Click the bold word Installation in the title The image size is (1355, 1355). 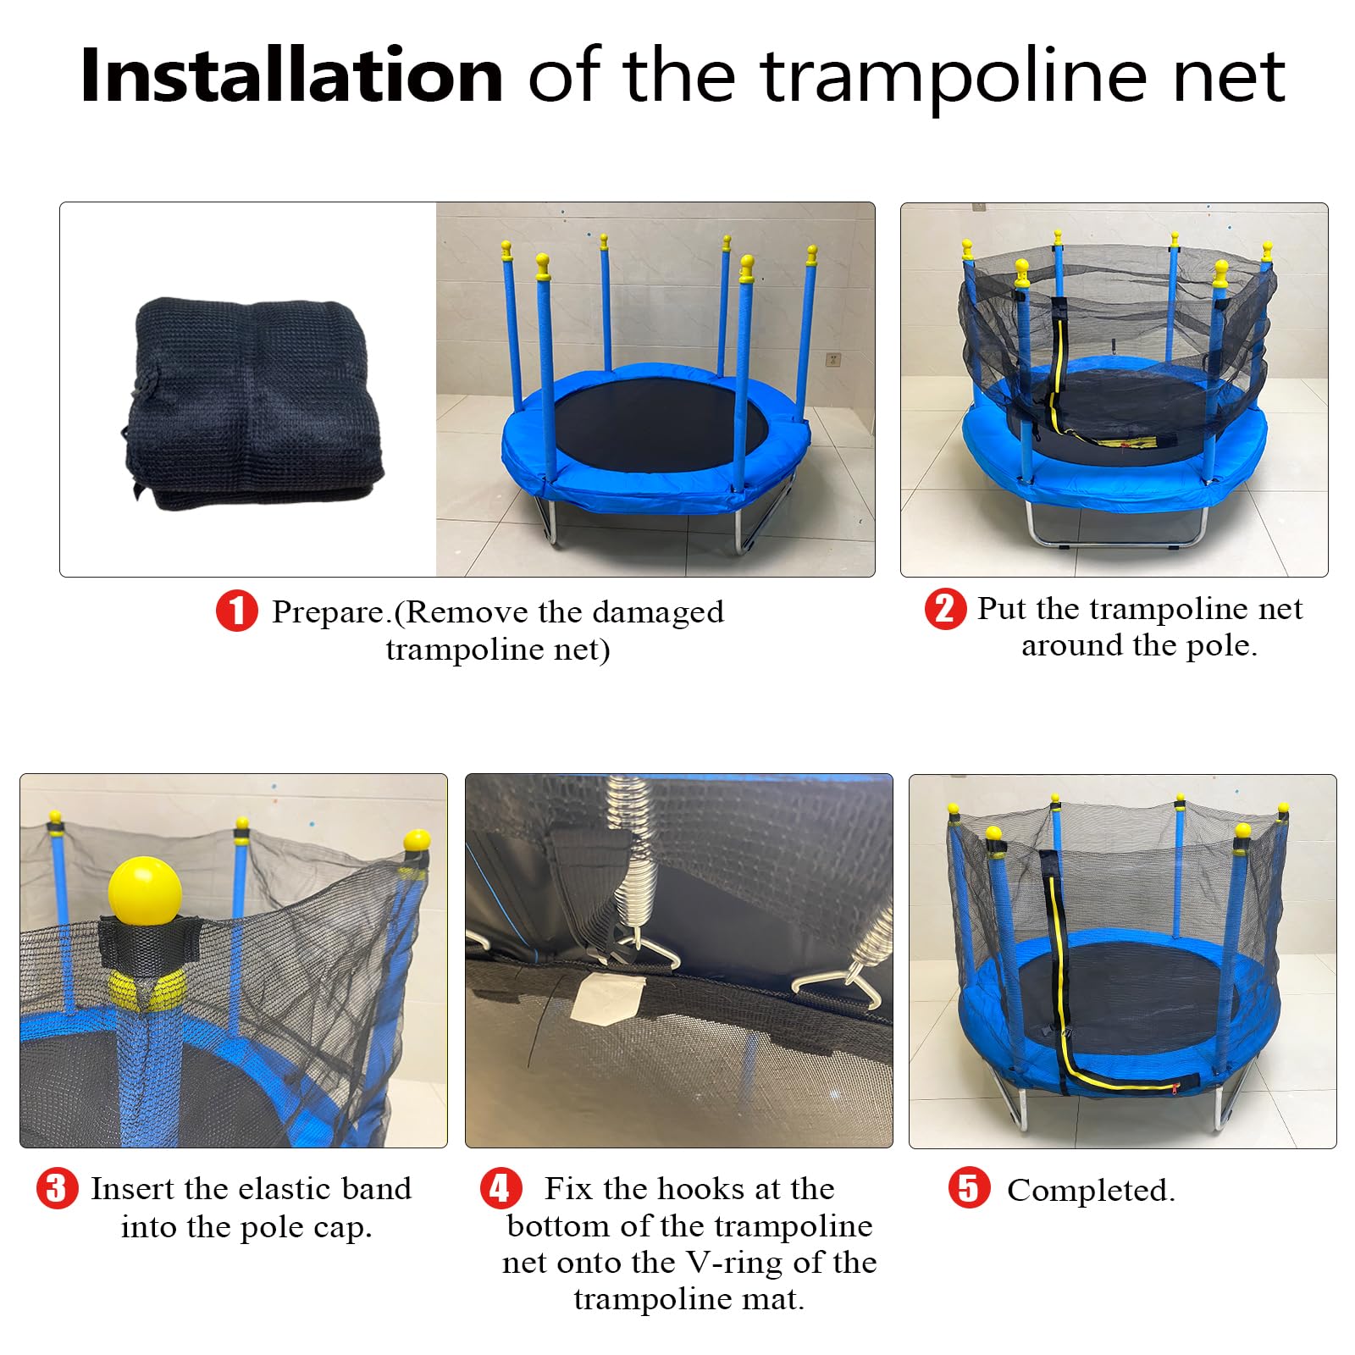[x=292, y=75]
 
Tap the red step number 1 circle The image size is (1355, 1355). [x=237, y=611]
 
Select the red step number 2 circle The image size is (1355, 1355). [x=945, y=609]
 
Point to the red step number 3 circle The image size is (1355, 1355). [x=57, y=1188]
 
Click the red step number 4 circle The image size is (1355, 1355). [x=501, y=1188]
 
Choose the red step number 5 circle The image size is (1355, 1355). [x=969, y=1187]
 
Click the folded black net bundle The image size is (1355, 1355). [x=252, y=404]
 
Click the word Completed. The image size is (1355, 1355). [x=1091, y=1191]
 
